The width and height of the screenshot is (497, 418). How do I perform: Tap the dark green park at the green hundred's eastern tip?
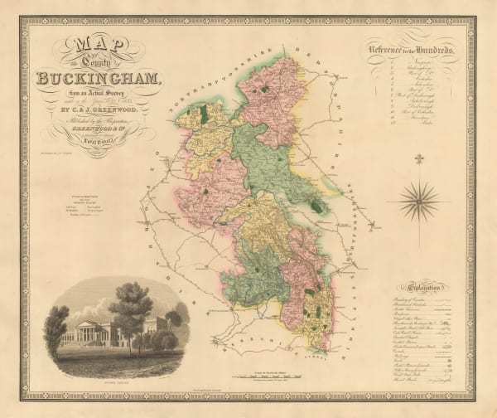pyautogui.click(x=316, y=207)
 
